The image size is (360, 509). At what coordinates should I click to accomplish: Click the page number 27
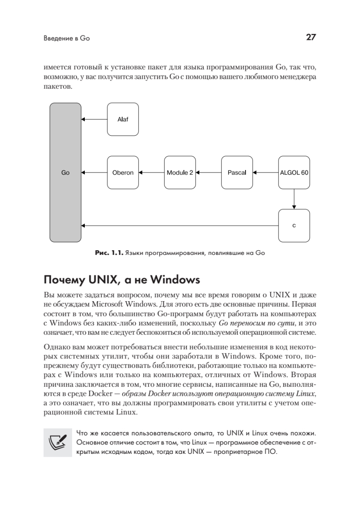[311, 37]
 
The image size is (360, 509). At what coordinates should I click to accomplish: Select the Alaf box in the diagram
[123, 119]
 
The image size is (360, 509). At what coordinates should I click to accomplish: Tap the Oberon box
[123, 173]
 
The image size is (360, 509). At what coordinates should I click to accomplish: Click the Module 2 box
[180, 173]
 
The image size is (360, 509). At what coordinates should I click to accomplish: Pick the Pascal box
[237, 173]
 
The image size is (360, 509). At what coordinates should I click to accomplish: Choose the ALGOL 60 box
[294, 173]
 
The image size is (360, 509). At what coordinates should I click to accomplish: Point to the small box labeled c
[294, 226]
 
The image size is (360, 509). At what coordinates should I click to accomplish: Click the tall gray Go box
[65, 173]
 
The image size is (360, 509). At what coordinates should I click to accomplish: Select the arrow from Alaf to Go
[94, 119]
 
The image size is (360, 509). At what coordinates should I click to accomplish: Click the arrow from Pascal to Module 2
[208, 173]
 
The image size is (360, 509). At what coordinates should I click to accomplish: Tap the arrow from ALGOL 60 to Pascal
[265, 173]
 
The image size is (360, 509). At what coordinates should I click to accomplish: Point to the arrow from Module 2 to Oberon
[151, 173]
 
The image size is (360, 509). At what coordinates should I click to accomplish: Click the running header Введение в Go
[67, 38]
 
